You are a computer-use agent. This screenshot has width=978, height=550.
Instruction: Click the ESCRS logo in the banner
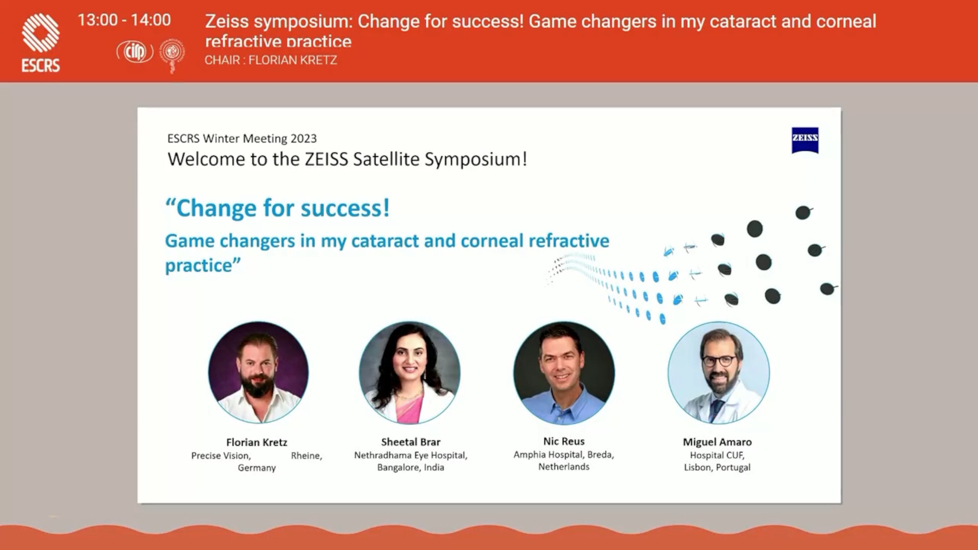point(41,43)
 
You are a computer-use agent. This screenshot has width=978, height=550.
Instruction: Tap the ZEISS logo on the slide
point(805,140)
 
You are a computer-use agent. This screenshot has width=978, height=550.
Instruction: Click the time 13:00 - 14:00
point(124,20)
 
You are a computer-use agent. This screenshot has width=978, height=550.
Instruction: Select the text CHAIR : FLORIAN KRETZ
point(270,60)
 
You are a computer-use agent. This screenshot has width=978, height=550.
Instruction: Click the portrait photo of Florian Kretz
point(258,372)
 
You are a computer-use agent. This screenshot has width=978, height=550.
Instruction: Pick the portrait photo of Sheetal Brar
point(410,372)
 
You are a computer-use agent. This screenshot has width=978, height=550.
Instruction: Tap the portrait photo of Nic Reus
point(564,372)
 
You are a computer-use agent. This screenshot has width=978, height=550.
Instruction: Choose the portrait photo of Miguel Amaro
point(718,372)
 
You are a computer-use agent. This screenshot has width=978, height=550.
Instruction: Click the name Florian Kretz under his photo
point(257,442)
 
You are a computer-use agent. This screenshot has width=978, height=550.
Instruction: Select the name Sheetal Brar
point(411,442)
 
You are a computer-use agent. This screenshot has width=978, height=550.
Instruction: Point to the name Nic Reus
point(564,442)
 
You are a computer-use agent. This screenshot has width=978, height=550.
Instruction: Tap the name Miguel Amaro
point(717,442)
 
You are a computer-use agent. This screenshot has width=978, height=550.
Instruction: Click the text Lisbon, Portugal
point(717,468)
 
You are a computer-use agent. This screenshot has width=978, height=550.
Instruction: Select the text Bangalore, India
point(411,468)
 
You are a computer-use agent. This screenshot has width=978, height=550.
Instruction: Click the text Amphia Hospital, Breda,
point(564,455)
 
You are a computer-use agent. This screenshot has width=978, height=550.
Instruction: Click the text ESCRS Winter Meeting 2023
point(242,139)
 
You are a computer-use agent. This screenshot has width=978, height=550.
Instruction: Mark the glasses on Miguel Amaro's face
point(719,361)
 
